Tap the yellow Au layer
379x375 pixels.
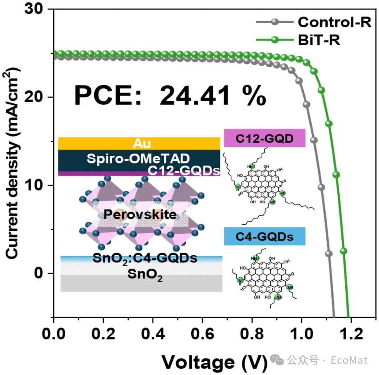[139, 143]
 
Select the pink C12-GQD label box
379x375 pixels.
[264, 138]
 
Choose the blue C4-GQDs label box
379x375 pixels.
[264, 236]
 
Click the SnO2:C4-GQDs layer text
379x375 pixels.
[145, 259]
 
